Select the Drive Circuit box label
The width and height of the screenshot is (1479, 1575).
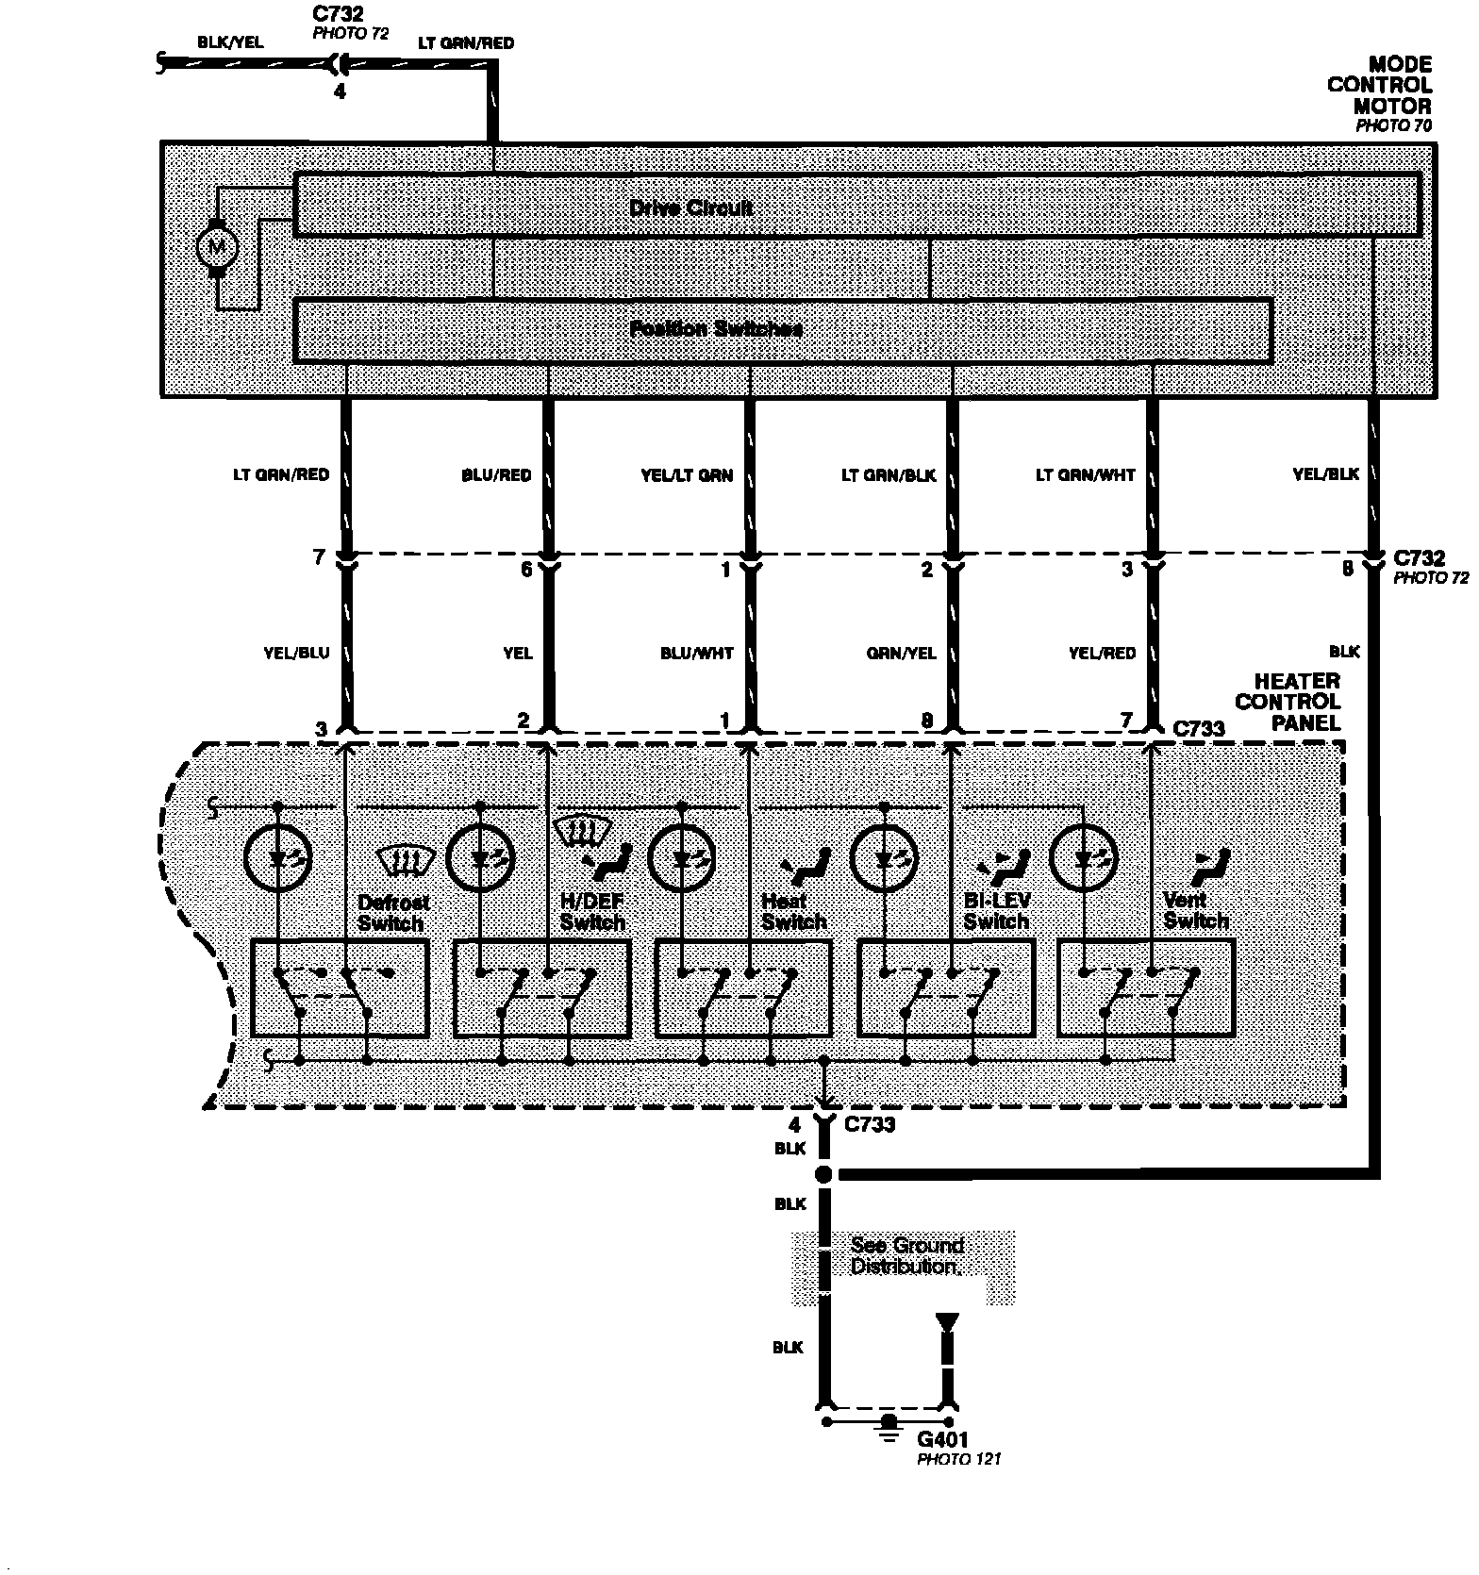(690, 207)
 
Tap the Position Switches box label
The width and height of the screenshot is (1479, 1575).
(716, 329)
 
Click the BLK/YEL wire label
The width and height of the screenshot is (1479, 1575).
(230, 42)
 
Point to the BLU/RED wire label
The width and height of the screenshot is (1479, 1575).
(497, 475)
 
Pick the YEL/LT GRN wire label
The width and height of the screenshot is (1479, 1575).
(687, 475)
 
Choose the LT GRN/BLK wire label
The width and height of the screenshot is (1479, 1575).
(889, 475)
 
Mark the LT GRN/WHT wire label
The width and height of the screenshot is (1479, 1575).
(1086, 475)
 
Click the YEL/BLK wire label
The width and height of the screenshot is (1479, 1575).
(1326, 474)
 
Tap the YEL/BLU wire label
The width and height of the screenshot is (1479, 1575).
(297, 653)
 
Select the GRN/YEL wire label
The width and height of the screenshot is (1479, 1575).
(902, 653)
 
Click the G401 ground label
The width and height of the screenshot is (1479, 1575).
(943, 1440)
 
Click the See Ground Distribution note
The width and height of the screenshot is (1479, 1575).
(906, 1256)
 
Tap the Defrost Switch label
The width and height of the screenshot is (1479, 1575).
(391, 913)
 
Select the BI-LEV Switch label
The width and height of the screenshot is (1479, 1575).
(997, 911)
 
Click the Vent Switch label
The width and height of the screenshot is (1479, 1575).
(1196, 911)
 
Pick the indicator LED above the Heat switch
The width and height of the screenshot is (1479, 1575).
(682, 858)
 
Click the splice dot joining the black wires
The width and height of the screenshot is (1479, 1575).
(823, 1174)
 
